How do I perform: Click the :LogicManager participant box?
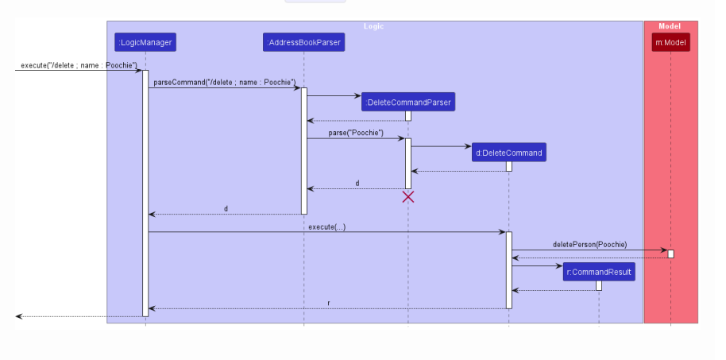[145, 42]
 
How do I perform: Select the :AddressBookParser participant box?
[303, 42]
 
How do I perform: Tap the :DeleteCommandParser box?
[408, 102]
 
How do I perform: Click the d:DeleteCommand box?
[508, 153]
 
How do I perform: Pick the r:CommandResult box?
[599, 272]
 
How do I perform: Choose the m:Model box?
[670, 42]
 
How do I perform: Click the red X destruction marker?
[408, 197]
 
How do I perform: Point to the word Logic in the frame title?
[373, 26]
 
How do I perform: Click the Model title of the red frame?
[670, 26]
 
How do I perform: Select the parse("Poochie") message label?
[356, 133]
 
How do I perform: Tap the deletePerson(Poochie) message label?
[589, 244]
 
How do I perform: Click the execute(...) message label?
[326, 227]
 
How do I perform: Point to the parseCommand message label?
[224, 82]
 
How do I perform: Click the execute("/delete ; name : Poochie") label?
[79, 65]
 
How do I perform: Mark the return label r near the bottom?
[328, 303]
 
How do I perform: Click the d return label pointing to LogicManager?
[226, 209]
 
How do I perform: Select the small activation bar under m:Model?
[671, 254]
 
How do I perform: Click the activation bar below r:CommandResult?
[599, 285]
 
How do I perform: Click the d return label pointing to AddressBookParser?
[357, 184]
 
